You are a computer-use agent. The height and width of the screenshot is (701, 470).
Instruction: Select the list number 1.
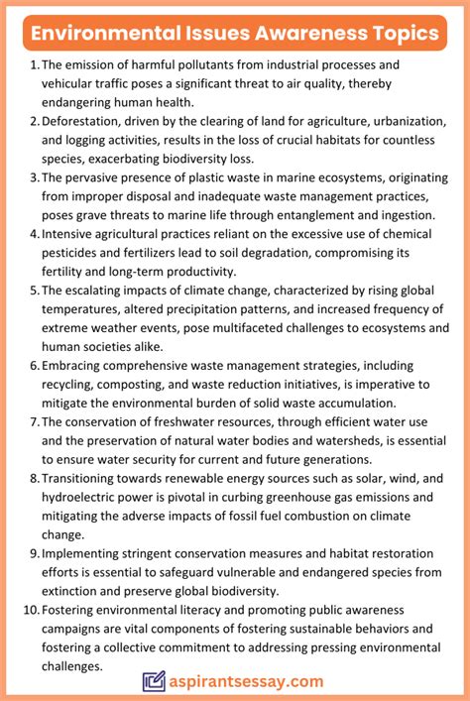[34, 65]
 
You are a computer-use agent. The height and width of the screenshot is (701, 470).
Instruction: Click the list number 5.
[34, 291]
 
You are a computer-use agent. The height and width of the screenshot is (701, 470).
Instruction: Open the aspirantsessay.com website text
[248, 681]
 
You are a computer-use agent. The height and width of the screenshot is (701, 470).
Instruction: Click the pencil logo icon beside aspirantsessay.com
[154, 681]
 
